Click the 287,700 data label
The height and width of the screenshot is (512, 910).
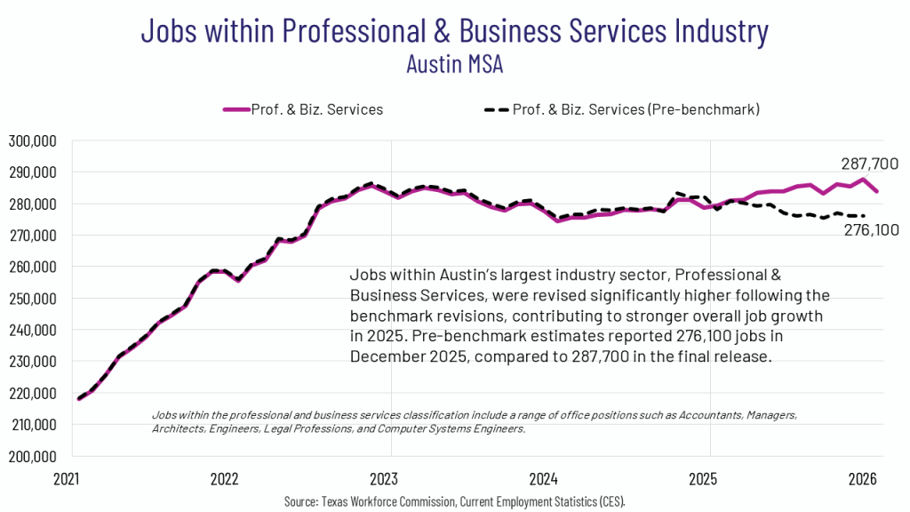click(x=869, y=164)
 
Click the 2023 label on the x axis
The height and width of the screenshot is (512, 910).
click(x=385, y=478)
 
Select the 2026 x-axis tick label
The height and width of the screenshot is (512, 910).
click(x=862, y=478)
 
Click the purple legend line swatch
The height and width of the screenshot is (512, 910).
click(x=235, y=109)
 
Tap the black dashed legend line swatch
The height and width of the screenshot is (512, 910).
click(x=496, y=109)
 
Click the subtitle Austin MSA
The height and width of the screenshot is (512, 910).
click(x=454, y=64)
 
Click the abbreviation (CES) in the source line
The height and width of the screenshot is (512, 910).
click(x=611, y=502)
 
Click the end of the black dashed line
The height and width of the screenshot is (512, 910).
click(x=864, y=216)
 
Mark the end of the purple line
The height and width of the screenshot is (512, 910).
click(x=878, y=191)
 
